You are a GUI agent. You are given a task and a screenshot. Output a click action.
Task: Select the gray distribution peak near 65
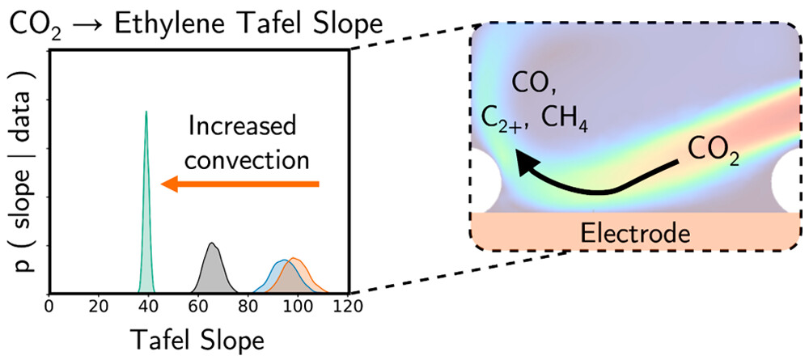pyautogui.click(x=212, y=245)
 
